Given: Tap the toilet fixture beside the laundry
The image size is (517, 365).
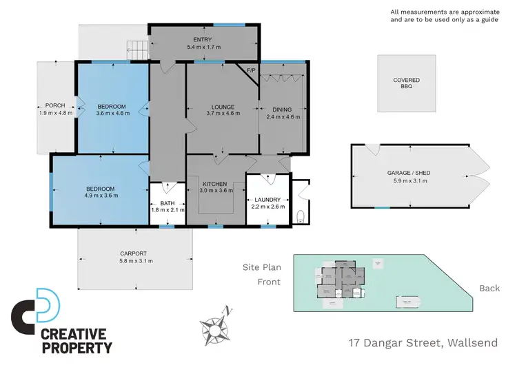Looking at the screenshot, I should click(x=300, y=217).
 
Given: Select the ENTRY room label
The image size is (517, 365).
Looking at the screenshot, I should click(x=203, y=40).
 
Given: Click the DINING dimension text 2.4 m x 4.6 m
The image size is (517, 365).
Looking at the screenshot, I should click(x=282, y=117).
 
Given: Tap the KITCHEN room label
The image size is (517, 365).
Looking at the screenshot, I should click(x=214, y=184).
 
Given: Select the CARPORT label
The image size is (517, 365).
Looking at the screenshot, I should click(x=136, y=253).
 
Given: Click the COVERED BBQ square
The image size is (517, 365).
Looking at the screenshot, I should click(x=407, y=83).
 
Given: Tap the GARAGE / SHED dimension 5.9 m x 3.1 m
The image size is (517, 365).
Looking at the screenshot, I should click(x=411, y=180).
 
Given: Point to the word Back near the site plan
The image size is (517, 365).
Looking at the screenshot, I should click(x=489, y=288).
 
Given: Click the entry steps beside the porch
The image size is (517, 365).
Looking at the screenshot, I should click(x=136, y=49).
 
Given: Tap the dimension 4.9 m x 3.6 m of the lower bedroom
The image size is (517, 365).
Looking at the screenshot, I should click(x=101, y=196).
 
